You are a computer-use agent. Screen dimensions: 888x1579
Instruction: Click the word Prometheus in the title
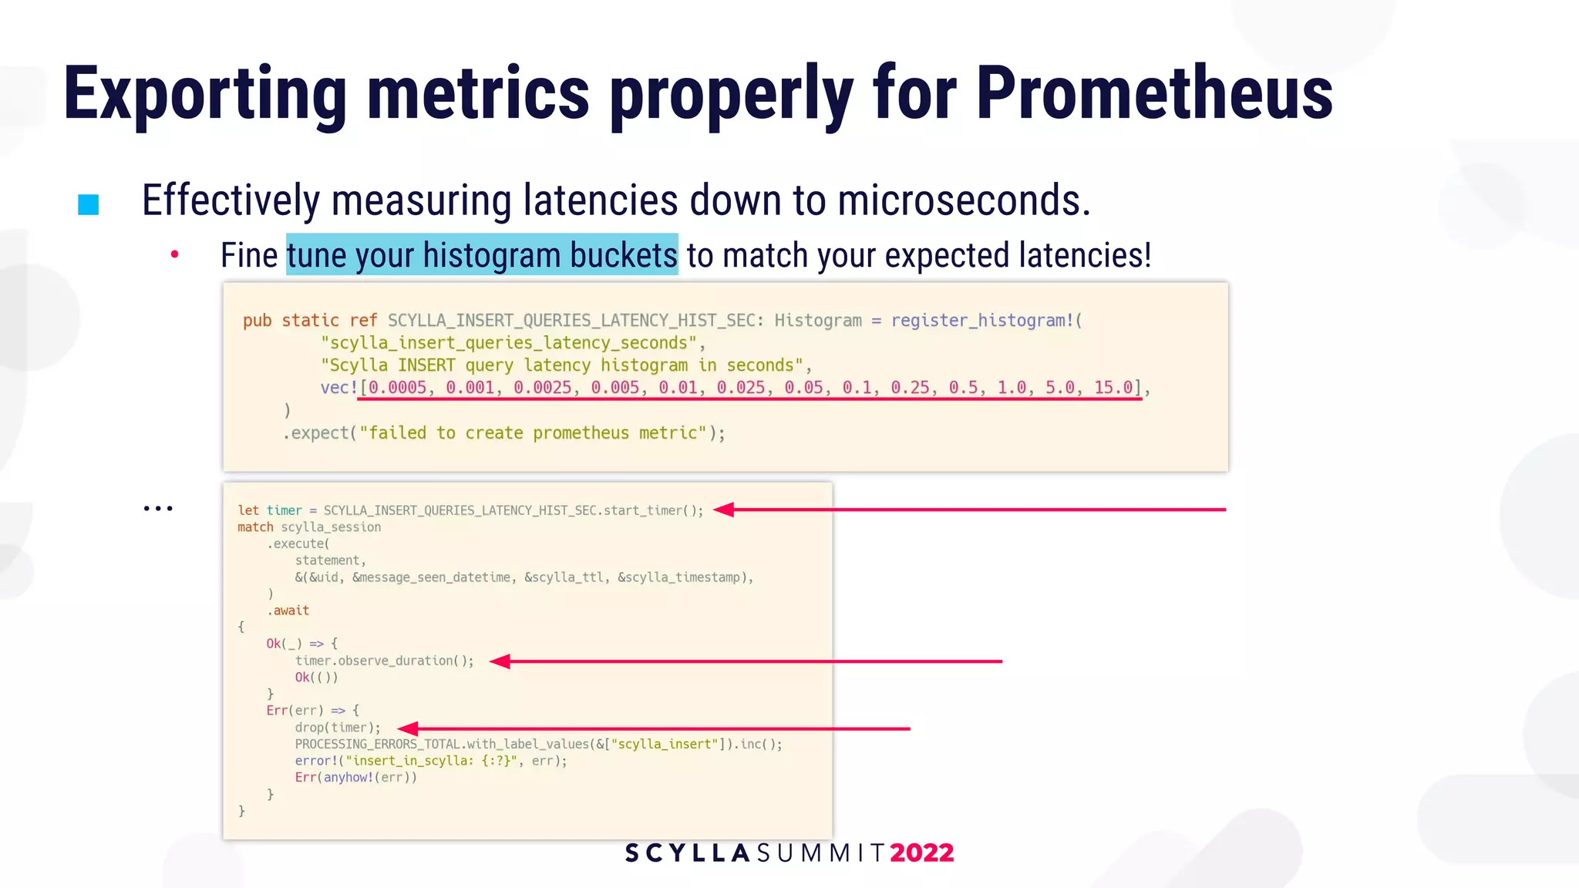(x=1154, y=94)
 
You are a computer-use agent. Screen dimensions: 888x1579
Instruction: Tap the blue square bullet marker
(x=89, y=204)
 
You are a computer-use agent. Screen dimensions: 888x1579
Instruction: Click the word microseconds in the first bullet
(x=964, y=200)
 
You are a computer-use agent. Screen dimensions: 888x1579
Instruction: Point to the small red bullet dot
(x=175, y=254)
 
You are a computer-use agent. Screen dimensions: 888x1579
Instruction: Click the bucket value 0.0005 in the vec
(x=397, y=388)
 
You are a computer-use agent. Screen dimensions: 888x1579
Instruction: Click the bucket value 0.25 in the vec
(x=910, y=388)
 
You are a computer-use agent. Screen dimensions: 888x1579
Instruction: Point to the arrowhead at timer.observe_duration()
(x=500, y=661)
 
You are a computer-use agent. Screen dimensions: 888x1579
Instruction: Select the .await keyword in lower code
(x=288, y=610)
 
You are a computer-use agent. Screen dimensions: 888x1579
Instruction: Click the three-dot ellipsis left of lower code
(x=158, y=509)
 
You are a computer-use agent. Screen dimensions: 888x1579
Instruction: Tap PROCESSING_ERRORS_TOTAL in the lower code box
(x=378, y=745)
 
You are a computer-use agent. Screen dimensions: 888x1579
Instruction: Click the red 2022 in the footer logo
(x=921, y=853)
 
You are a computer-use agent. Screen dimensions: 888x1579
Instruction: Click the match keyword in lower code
(x=255, y=527)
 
